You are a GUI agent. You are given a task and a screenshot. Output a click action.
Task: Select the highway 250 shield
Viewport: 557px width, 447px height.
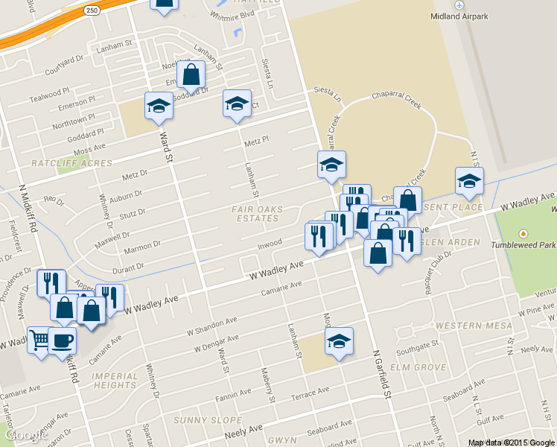[x=91, y=10]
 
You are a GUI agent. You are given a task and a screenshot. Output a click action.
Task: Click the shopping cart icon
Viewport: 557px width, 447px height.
[x=39, y=339]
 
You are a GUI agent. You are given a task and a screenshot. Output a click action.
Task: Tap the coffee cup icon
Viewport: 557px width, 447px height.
[x=63, y=340]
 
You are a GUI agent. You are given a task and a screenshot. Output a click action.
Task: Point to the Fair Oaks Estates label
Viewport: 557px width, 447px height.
[x=256, y=214]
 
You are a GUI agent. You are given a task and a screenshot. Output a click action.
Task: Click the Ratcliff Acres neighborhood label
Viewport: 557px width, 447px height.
[x=71, y=163]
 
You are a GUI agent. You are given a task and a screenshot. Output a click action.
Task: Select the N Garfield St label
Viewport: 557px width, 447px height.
[x=383, y=372]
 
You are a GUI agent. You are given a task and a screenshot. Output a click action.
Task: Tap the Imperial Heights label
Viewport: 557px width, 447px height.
[x=115, y=381]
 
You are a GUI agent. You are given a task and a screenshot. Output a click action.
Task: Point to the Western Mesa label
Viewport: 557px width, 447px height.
[x=474, y=326]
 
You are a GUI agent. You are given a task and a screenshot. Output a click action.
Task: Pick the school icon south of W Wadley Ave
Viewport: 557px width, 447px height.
[x=339, y=340]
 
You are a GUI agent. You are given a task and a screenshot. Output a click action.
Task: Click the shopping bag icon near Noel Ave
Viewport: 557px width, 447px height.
[x=191, y=73]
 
